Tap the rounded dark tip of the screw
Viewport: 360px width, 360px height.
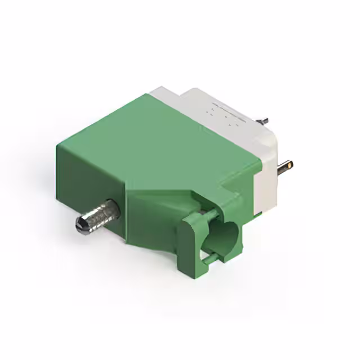(x=79, y=225)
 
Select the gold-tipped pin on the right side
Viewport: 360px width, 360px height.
(x=283, y=166)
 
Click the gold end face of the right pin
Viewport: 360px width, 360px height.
(x=290, y=165)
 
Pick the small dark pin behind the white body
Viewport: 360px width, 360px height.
(x=263, y=120)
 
